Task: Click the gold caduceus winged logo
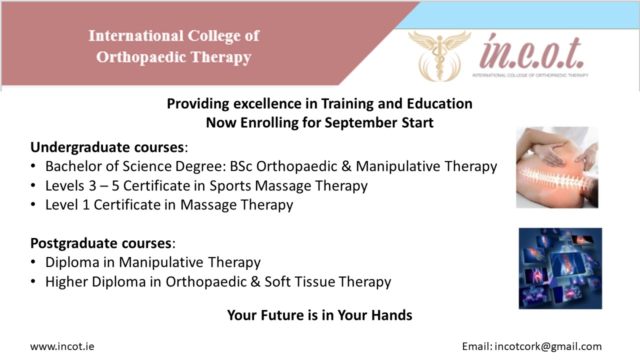pyautogui.click(x=439, y=55)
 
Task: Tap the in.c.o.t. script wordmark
pyautogui.click(x=531, y=52)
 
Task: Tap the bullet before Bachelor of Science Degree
pyautogui.click(x=33, y=165)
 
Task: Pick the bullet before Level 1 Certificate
pyautogui.click(x=33, y=204)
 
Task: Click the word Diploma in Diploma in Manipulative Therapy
pyautogui.click(x=72, y=262)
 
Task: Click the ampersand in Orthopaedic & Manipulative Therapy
pyautogui.click(x=346, y=166)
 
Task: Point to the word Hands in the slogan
pyautogui.click(x=393, y=315)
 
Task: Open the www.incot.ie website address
pyautogui.click(x=62, y=346)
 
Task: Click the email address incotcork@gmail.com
pyautogui.click(x=548, y=347)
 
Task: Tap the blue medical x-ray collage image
pyautogui.click(x=560, y=268)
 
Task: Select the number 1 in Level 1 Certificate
pyautogui.click(x=85, y=205)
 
